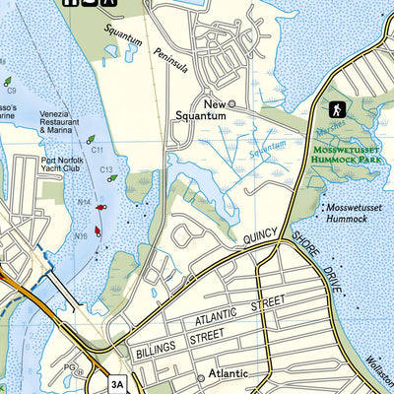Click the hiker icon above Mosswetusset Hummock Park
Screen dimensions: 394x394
[336, 108]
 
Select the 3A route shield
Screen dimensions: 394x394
[118, 384]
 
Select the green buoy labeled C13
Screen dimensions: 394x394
[112, 178]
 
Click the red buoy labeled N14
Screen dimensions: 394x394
[100, 208]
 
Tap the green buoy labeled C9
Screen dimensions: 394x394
[7, 81]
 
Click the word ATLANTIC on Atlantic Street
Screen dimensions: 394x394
[217, 317]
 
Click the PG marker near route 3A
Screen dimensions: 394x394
[68, 367]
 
